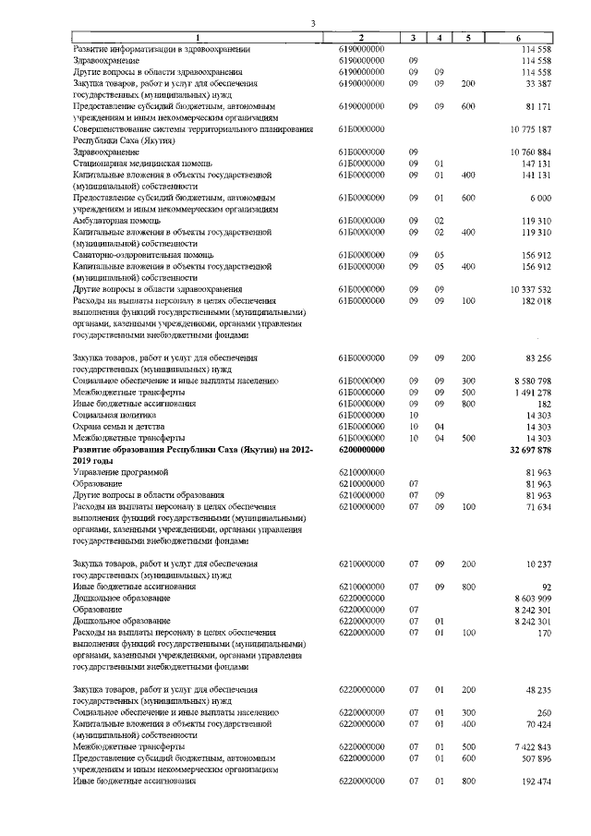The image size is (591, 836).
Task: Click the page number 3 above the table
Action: (x=313, y=23)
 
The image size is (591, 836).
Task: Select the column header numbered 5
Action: (x=469, y=37)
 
